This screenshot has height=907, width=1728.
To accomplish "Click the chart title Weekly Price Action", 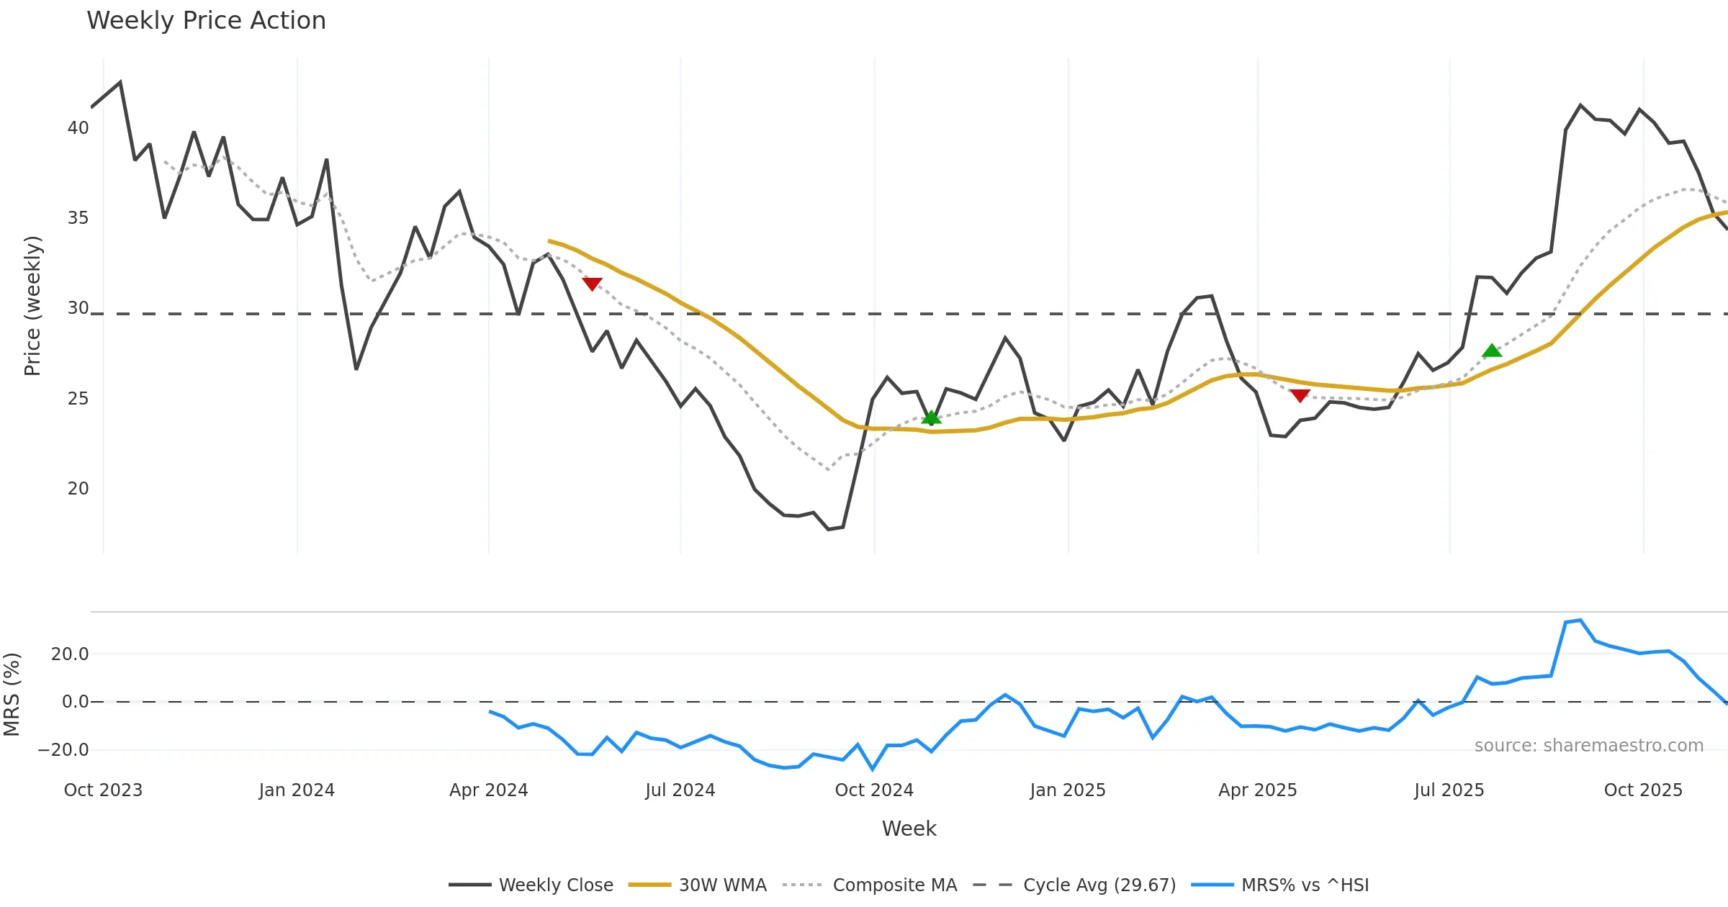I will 206,21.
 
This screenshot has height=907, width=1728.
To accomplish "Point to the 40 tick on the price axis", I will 78,128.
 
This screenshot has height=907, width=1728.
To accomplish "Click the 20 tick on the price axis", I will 78,489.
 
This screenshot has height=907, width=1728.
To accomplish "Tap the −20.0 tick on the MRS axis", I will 63,749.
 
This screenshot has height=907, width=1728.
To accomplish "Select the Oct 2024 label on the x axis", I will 874,790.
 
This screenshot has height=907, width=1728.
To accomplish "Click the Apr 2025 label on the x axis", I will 1257,790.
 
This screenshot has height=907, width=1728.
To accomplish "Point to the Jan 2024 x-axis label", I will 297,790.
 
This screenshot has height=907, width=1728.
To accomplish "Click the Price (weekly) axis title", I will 32,306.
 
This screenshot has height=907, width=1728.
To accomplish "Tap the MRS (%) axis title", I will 12,695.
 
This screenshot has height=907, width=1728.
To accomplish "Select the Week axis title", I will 909,829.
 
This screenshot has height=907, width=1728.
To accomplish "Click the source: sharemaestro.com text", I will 1588,746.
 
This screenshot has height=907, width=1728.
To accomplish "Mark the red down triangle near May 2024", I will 592,284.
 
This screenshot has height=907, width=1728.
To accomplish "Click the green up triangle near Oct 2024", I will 931,418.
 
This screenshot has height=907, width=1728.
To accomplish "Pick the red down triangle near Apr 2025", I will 1300,395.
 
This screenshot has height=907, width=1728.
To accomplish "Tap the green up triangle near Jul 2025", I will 1492,351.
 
